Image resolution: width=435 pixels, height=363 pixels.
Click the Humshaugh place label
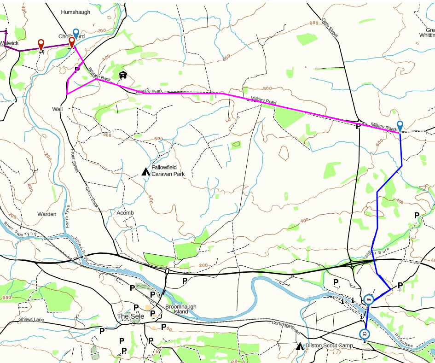point(75,12)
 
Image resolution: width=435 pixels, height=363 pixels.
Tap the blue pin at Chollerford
point(76,33)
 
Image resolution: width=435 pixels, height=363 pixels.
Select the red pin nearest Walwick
point(41,45)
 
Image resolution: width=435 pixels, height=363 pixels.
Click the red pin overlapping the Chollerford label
point(71,42)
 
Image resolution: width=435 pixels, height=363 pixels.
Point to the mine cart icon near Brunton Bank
point(122,75)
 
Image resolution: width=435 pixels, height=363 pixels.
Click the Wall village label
point(57,109)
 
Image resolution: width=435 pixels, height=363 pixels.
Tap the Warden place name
point(47,214)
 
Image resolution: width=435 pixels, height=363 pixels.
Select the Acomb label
point(125,213)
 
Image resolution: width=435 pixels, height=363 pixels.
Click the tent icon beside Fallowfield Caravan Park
point(145,172)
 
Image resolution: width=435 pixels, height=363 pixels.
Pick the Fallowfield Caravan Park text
point(168,171)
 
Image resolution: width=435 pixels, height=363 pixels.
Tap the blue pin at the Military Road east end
point(400,126)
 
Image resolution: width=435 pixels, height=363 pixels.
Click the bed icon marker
point(368,300)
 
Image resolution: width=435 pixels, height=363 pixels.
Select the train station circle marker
point(365,334)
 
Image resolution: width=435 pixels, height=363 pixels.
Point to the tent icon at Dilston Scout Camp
point(300,345)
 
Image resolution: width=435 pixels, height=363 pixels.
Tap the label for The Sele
point(130,316)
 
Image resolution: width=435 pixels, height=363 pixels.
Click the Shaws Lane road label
point(31,319)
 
